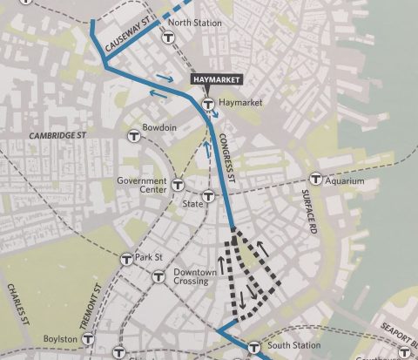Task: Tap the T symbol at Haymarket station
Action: coord(208,105)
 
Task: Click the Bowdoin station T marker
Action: coord(134,135)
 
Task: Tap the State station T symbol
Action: coord(209,196)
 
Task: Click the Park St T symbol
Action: coord(126,258)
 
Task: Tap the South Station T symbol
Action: coord(254,346)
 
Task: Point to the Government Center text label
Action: coord(141,185)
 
